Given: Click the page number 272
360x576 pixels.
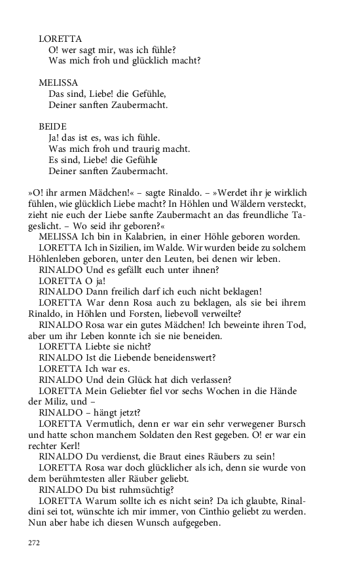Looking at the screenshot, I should pos(34,543).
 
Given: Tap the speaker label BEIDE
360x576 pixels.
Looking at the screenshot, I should pos(52,126).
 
